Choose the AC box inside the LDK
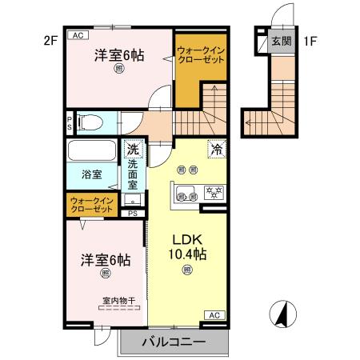214,315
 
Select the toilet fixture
90,123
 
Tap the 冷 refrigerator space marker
215,148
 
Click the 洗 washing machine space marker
133,149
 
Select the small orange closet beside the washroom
90,204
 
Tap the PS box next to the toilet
70,122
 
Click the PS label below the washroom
133,214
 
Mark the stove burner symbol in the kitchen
214,192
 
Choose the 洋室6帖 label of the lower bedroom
105,261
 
